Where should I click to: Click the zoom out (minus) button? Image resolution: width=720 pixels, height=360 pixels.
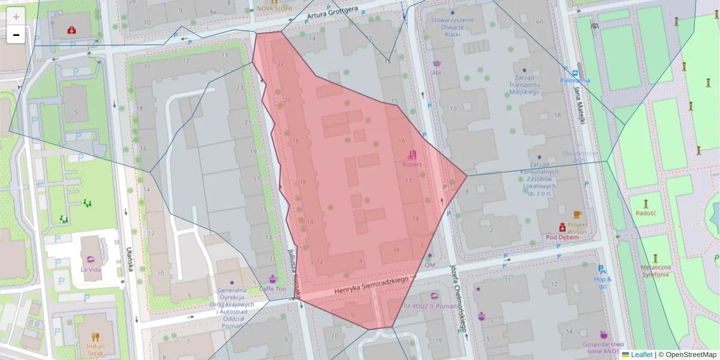(x=16, y=35)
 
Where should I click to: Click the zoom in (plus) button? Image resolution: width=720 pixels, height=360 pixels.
(x=16, y=16)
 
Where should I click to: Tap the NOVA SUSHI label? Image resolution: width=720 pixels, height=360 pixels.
(x=274, y=8)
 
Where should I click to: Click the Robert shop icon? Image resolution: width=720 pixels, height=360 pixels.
(x=412, y=154)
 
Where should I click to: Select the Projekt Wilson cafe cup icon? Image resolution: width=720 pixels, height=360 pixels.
(x=577, y=214)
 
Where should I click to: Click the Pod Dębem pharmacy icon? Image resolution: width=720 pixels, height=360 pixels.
(x=562, y=227)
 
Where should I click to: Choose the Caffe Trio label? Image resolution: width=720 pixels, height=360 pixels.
(x=272, y=289)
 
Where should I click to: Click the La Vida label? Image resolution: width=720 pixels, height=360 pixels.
(x=91, y=269)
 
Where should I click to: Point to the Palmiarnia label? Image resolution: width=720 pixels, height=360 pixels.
(x=575, y=80)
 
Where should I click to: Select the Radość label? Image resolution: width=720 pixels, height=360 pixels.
(x=646, y=213)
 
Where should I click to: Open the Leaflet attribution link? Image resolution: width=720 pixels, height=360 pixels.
(x=641, y=355)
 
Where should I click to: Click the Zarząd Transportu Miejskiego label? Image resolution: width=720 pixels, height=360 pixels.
(x=524, y=85)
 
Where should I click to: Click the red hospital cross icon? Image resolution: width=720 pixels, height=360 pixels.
(x=72, y=29)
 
